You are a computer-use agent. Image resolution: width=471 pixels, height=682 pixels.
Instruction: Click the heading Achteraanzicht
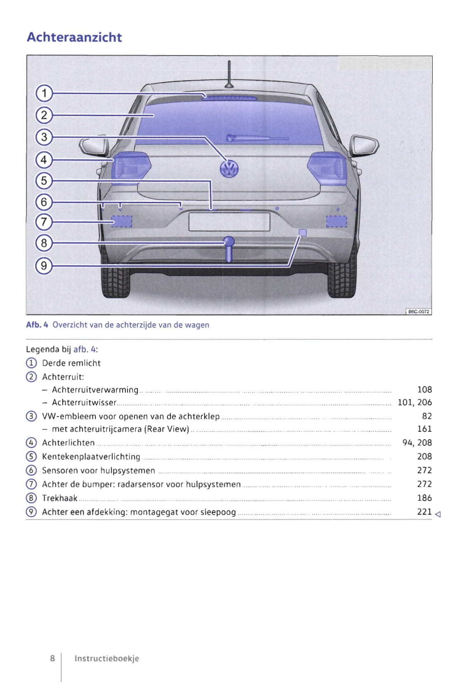click(x=74, y=37)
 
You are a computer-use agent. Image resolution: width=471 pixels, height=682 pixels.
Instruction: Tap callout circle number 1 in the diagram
click(x=44, y=93)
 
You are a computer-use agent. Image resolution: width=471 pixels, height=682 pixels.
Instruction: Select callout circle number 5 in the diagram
click(x=44, y=181)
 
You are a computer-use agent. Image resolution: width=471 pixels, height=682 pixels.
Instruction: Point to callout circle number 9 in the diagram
click(x=44, y=265)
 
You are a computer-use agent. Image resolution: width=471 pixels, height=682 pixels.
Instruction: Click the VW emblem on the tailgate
click(x=229, y=169)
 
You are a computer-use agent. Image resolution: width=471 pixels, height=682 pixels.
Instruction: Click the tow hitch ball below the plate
click(x=228, y=242)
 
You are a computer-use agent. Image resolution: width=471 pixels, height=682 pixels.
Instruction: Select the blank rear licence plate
click(x=229, y=222)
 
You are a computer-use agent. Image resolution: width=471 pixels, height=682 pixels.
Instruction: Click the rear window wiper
click(x=256, y=138)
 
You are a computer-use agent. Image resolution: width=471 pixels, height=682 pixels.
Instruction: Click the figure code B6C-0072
click(x=419, y=312)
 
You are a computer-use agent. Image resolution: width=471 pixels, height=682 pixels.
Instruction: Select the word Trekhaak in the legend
click(x=60, y=498)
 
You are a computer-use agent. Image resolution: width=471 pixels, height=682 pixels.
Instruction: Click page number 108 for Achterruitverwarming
click(x=424, y=390)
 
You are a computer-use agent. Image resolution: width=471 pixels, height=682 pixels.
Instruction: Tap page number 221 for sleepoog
click(x=424, y=512)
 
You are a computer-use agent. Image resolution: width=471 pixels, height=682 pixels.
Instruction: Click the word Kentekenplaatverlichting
click(x=91, y=457)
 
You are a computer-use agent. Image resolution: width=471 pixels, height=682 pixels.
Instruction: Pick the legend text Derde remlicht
click(x=71, y=363)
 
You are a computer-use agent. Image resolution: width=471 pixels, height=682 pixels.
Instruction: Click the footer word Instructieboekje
click(x=106, y=658)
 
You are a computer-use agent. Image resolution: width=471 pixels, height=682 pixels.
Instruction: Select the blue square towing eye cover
click(x=302, y=233)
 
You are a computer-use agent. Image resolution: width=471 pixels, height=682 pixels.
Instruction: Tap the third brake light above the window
click(x=229, y=98)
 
